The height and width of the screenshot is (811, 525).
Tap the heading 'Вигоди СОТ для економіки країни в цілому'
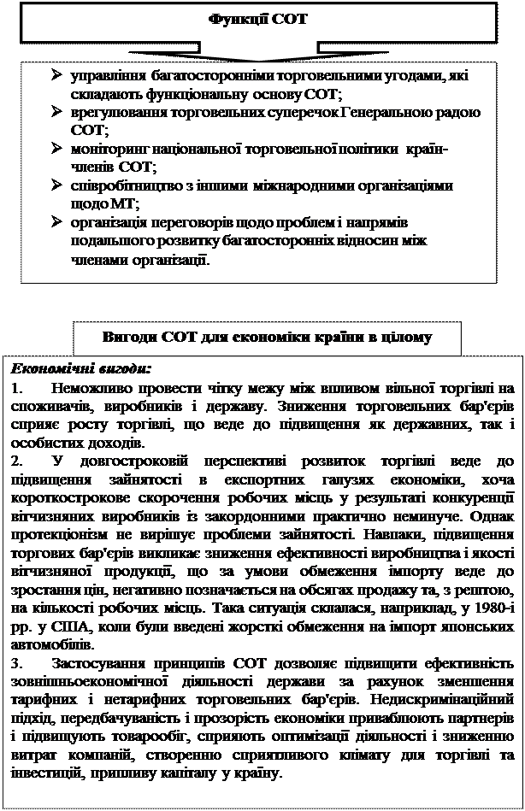click(266, 337)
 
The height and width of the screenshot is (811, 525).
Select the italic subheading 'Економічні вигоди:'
click(80, 368)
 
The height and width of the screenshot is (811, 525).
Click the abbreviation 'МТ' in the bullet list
click(125, 203)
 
